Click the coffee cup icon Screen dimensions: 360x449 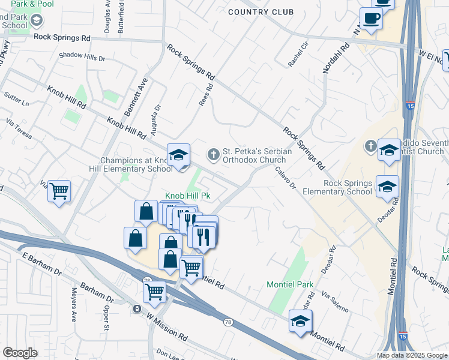coord(372,17)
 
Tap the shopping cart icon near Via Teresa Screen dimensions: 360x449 coord(59,191)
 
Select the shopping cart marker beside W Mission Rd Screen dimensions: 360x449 coord(154,292)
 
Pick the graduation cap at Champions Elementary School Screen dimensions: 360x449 coord(178,155)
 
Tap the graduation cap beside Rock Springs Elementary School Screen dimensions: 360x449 coord(387,186)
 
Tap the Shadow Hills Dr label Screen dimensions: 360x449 coord(82,58)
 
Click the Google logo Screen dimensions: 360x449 coord(20,353)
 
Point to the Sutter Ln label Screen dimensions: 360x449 coord(17,99)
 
